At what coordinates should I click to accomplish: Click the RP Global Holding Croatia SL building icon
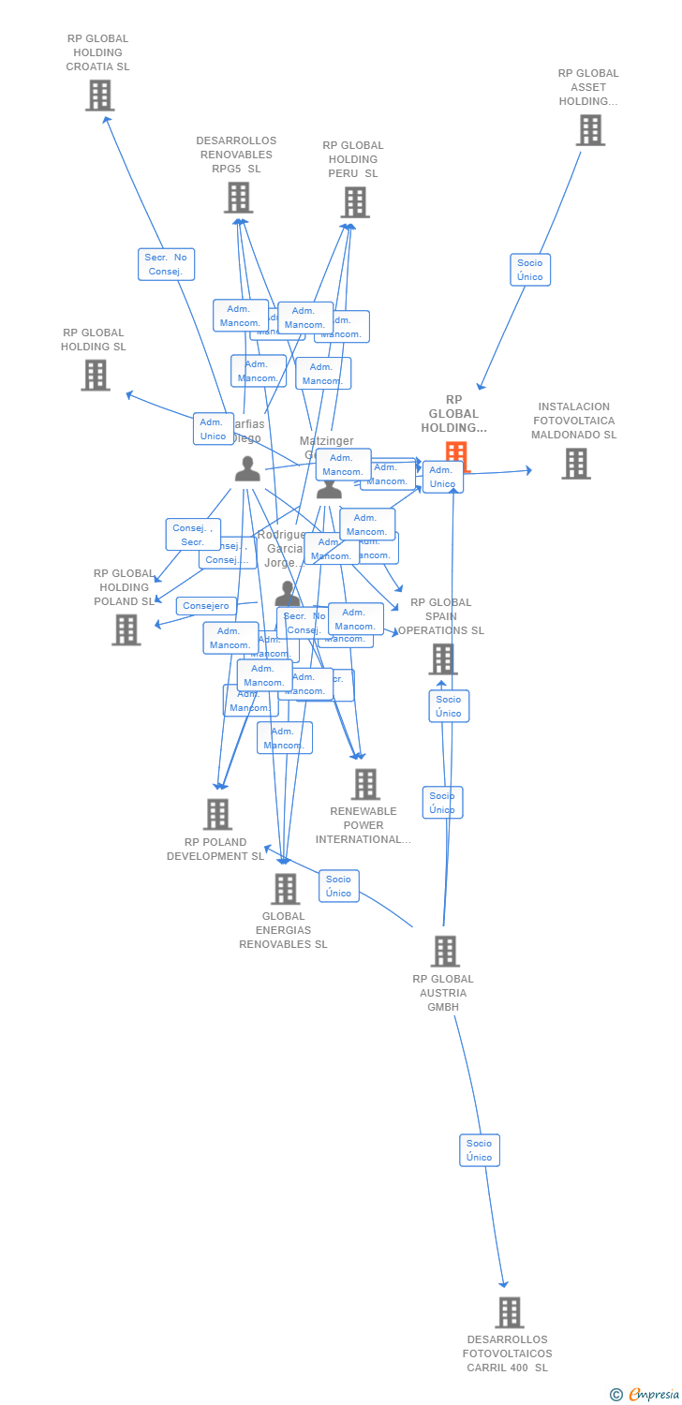(x=99, y=96)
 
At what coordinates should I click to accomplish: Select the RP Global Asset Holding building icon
(x=590, y=130)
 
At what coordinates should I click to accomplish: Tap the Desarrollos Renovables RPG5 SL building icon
(x=238, y=198)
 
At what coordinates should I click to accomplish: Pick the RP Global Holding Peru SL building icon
(x=354, y=202)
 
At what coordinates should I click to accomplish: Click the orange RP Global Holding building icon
(x=456, y=453)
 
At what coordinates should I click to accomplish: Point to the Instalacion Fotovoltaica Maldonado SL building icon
(x=575, y=463)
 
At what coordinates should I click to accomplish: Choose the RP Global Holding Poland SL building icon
(x=126, y=629)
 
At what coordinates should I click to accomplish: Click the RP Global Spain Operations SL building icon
(x=442, y=658)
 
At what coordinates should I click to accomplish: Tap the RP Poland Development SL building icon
(x=217, y=814)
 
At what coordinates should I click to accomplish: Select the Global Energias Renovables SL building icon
(x=284, y=888)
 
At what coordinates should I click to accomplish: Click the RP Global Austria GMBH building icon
(x=444, y=951)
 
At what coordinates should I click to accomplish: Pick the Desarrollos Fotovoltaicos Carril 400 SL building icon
(x=509, y=1312)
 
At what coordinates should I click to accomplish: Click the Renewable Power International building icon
(x=364, y=784)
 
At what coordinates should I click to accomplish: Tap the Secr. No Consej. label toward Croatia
(x=167, y=264)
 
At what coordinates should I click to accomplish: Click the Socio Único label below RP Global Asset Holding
(x=529, y=270)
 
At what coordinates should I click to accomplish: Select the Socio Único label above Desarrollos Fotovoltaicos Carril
(x=479, y=1150)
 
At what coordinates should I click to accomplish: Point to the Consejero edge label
(x=205, y=606)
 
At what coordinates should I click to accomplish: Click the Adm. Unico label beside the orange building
(x=442, y=477)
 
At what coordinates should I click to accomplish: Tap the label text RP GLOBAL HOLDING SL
(x=94, y=339)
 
